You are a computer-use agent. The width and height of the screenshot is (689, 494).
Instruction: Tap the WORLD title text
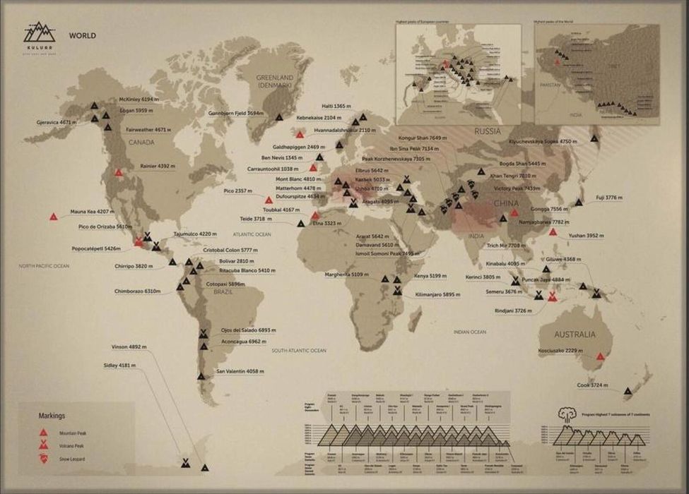coord(83,35)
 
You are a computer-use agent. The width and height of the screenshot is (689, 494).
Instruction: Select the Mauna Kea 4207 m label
coord(92,212)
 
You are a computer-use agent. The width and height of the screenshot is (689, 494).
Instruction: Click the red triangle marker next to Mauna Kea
coord(54,217)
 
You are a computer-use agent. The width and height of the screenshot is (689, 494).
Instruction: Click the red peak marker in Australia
coord(601,356)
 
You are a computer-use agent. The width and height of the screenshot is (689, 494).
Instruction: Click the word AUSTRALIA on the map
coord(574,334)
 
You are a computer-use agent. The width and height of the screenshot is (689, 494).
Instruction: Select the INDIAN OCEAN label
coord(470,332)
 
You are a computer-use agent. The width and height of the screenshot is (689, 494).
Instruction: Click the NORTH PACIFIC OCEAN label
coord(45,266)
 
